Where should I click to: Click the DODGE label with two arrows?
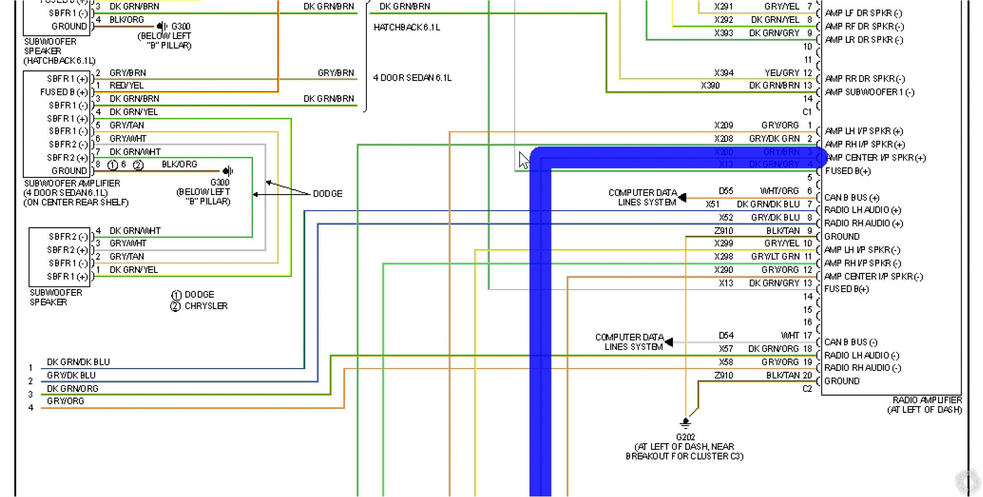coord(328,194)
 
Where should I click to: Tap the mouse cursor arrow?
coord(523,160)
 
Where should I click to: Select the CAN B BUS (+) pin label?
coord(852,197)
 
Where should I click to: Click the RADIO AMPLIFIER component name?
coord(927,400)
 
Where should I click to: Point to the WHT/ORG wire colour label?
coord(779,191)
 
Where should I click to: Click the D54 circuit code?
coord(726,336)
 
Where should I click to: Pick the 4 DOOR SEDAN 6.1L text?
coord(412,78)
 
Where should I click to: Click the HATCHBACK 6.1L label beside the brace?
coord(407,27)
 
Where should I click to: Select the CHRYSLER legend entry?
coord(206,306)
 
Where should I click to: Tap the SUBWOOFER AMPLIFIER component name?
coord(72,183)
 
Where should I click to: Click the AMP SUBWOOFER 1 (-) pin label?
coord(870,92)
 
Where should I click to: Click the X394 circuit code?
coord(723,73)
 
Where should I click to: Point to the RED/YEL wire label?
coord(126,85)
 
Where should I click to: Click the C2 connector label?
coord(807,389)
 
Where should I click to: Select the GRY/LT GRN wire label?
coord(775,257)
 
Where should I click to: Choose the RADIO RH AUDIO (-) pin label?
coord(862,368)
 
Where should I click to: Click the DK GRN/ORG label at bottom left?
coord(72,388)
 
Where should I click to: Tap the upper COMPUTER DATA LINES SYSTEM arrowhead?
coord(682,197)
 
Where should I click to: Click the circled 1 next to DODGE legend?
coord(176,295)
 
